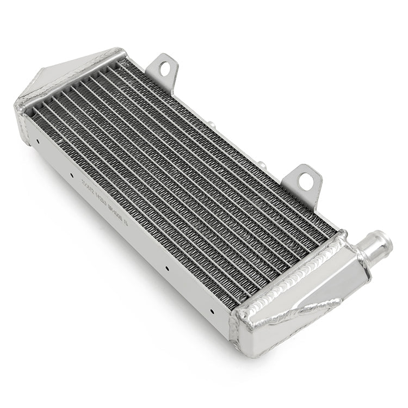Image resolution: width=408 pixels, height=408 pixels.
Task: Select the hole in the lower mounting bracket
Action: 306,181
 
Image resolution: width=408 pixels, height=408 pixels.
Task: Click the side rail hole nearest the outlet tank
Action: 212,312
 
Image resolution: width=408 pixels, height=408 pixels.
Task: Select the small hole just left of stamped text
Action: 71,175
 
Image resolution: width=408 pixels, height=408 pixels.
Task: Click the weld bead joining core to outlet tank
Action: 296,272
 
